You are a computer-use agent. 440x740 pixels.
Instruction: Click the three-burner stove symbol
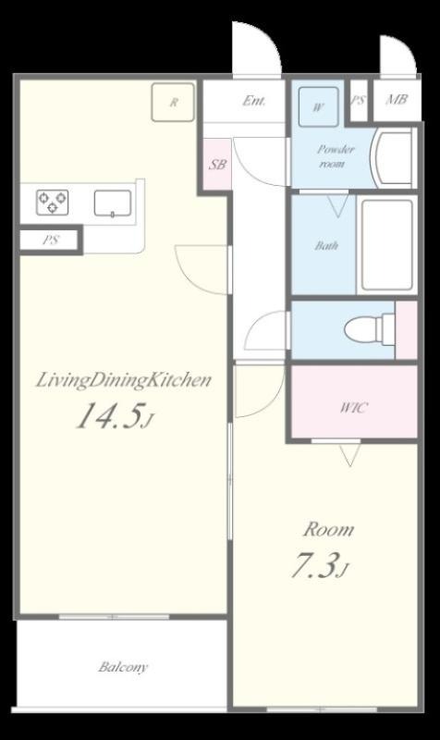point(53,203)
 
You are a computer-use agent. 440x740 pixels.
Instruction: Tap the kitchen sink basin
point(112,203)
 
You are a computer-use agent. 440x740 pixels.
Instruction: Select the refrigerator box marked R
point(173,102)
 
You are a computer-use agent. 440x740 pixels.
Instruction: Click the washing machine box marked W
point(318,106)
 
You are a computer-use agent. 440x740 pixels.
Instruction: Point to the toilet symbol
point(369,329)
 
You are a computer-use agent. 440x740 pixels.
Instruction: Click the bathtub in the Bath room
point(387,245)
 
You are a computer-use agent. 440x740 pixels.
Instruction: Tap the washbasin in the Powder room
point(391,158)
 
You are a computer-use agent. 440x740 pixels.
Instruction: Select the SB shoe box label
point(217,165)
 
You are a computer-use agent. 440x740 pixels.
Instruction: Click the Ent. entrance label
point(253,101)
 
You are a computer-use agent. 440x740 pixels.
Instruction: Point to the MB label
point(397,100)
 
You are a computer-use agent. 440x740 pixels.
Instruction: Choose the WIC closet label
point(354,407)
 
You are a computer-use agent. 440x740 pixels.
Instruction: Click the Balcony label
point(123,667)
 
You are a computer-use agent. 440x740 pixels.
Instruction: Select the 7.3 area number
point(319,565)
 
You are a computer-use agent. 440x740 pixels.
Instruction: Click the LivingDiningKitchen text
point(124,380)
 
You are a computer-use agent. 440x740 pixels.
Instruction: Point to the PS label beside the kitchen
point(51,240)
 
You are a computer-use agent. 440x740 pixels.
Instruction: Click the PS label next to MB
point(358,101)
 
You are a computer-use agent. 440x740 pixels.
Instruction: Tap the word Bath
point(326,245)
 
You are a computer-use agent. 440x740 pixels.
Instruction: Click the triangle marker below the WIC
point(350,455)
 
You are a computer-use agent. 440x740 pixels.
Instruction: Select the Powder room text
point(335,156)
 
